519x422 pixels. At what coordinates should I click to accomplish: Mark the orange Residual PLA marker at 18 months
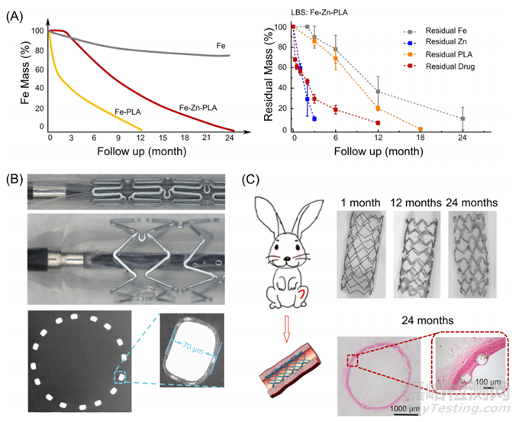click(x=421, y=129)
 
